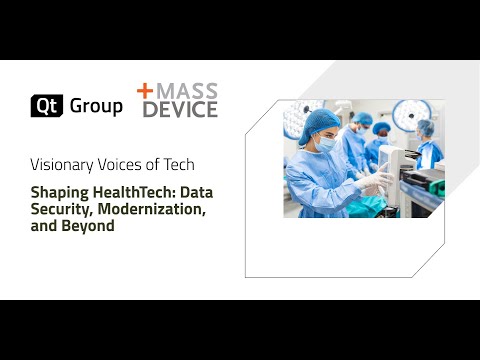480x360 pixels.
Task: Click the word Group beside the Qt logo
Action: tap(96, 105)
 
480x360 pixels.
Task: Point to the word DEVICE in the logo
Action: tap(179, 109)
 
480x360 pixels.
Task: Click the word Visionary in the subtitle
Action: tap(64, 163)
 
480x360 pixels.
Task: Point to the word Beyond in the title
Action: tap(91, 226)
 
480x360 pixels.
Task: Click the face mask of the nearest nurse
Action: tap(326, 146)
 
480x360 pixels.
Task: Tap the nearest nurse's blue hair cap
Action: tap(322, 121)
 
